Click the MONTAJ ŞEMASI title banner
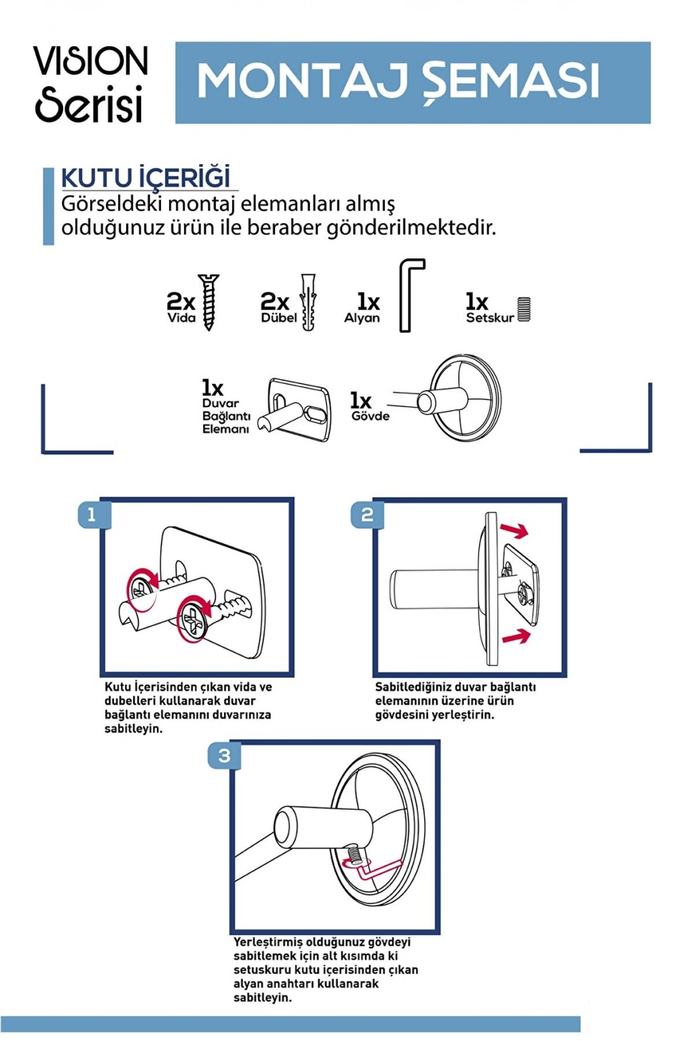pyautogui.click(x=413, y=82)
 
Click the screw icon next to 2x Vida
pyautogui.click(x=208, y=302)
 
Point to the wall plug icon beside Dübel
pyautogui.click(x=308, y=302)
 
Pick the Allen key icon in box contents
pyautogui.click(x=411, y=295)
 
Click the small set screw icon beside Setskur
pyautogui.click(x=523, y=309)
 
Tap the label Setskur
pyautogui.click(x=489, y=317)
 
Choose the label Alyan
pyautogui.click(x=362, y=317)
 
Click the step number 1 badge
pyautogui.click(x=92, y=514)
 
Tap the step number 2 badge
pyautogui.click(x=367, y=514)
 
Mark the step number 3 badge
pyautogui.click(x=224, y=755)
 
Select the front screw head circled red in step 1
pyautogui.click(x=194, y=618)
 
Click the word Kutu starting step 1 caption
pyautogui.click(x=117, y=687)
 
